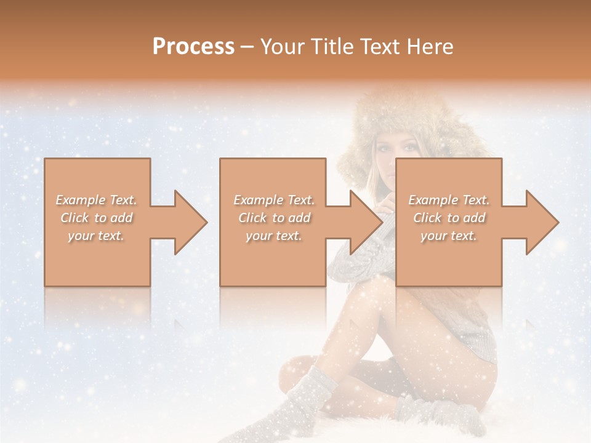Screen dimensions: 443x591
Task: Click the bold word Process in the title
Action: pyautogui.click(x=193, y=47)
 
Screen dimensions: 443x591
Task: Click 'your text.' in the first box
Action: pyautogui.click(x=96, y=236)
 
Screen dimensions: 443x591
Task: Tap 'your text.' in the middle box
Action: pyautogui.click(x=273, y=236)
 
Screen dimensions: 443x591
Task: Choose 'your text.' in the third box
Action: pyautogui.click(x=449, y=236)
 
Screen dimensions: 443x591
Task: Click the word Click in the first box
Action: pyautogui.click(x=74, y=218)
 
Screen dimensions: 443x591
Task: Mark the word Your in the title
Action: pyautogui.click(x=281, y=47)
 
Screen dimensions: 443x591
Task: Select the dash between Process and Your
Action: pyautogui.click(x=247, y=47)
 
